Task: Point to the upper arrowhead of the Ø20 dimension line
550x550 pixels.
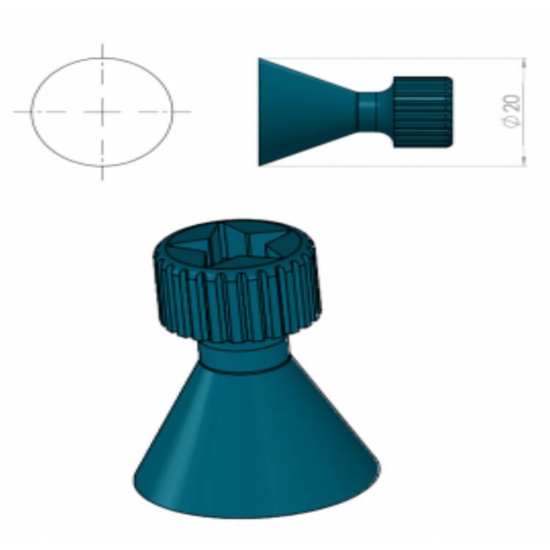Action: pos(524,62)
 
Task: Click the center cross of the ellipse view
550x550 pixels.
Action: pos(102,112)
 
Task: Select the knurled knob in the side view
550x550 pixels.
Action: pos(422,112)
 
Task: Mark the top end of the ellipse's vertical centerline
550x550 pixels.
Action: pos(102,45)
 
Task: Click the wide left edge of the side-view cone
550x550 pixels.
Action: pos(260,112)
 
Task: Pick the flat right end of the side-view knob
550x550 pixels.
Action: pos(450,112)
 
